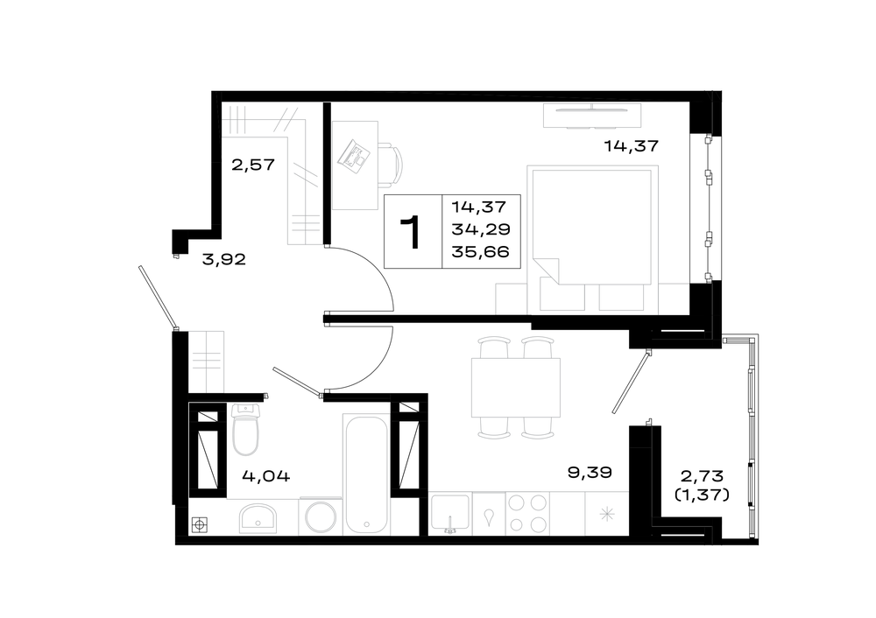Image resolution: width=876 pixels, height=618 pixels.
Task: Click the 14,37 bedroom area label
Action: pyautogui.click(x=632, y=146)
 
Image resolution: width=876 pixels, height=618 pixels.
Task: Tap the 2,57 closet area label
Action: pyautogui.click(x=253, y=165)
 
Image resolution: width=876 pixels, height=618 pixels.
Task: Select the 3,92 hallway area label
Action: pyautogui.click(x=223, y=259)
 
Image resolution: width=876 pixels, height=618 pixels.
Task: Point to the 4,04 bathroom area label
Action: pyautogui.click(x=266, y=476)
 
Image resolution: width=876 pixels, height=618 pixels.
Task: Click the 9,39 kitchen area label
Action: pyautogui.click(x=590, y=473)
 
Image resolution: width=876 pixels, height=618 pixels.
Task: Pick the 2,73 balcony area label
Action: pyautogui.click(x=702, y=476)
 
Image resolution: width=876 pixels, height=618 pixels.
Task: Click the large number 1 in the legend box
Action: pyautogui.click(x=411, y=233)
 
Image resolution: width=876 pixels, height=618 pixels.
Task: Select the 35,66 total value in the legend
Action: pyautogui.click(x=480, y=252)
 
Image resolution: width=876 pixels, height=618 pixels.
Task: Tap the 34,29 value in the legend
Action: pyautogui.click(x=481, y=228)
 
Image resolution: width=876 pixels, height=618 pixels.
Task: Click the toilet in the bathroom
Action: pyautogui.click(x=245, y=429)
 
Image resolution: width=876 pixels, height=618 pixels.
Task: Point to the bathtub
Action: pyautogui.click(x=366, y=474)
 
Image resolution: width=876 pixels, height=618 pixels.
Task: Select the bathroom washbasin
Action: pyautogui.click(x=258, y=518)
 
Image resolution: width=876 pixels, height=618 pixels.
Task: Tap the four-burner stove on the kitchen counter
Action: pyautogui.click(x=527, y=514)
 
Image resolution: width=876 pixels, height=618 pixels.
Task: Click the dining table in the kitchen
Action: pyautogui.click(x=516, y=388)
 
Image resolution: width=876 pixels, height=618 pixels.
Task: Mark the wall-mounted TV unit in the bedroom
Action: pyautogui.click(x=592, y=116)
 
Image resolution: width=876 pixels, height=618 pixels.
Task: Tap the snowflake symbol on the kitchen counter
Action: pyautogui.click(x=607, y=514)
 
